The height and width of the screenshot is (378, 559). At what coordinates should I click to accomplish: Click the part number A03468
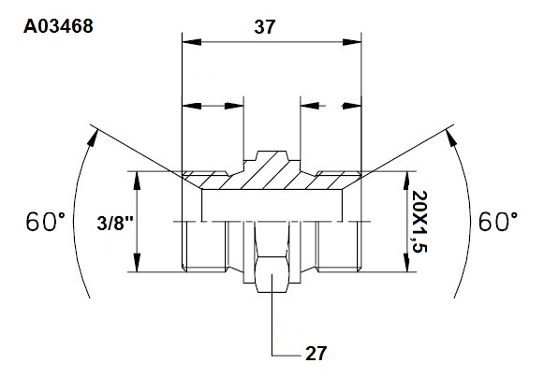[58, 26]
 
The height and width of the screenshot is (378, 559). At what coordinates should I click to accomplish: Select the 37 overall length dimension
[265, 27]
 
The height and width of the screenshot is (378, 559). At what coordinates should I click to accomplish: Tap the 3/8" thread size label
[115, 224]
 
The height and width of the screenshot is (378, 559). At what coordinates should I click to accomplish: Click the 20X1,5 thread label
[419, 222]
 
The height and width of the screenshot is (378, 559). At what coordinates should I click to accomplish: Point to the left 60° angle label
[46, 222]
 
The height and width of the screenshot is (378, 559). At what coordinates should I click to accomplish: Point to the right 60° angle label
[498, 222]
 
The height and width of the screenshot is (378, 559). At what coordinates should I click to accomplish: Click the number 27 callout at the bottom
[316, 354]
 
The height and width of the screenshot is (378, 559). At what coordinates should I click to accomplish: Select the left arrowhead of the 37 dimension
[192, 42]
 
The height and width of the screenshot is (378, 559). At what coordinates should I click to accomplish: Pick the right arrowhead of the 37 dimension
[352, 42]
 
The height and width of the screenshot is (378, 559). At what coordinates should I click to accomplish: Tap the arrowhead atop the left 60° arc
[93, 138]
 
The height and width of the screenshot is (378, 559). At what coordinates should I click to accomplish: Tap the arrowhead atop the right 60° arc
[451, 138]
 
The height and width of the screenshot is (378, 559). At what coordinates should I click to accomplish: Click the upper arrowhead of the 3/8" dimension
[137, 181]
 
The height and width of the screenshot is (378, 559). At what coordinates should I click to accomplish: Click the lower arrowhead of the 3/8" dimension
[137, 263]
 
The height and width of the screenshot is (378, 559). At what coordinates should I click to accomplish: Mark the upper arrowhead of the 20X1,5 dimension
[406, 181]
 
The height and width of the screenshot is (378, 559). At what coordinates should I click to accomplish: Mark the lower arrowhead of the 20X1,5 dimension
[406, 263]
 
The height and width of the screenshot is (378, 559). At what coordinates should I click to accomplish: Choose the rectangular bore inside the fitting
[272, 205]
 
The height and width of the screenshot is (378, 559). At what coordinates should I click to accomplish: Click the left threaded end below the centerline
[204, 246]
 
